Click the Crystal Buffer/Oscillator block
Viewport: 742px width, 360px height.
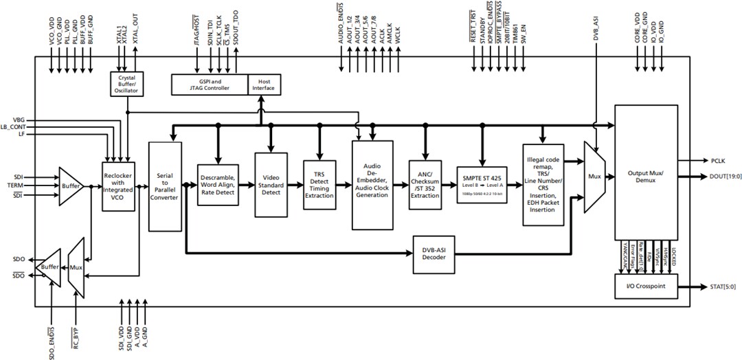[127, 85]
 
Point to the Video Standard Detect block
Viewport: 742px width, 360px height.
[271, 183]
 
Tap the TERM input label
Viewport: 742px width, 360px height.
[15, 185]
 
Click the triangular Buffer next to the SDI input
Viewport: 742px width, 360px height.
[71, 185]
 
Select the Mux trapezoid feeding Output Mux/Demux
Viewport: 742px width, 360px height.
[594, 177]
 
